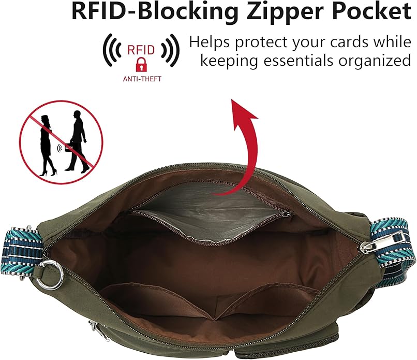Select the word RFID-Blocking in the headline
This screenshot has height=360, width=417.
[x=155, y=12]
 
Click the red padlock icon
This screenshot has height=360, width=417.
[x=141, y=65]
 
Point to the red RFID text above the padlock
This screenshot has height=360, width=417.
[x=141, y=50]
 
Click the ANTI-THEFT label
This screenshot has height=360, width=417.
[x=142, y=79]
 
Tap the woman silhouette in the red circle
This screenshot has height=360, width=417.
[x=47, y=146]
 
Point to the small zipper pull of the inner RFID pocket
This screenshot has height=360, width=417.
[x=287, y=213]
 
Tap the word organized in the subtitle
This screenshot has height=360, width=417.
[x=375, y=62]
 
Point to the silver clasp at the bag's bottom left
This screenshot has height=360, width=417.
[x=98, y=330]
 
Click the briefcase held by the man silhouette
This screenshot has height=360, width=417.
[x=69, y=147]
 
